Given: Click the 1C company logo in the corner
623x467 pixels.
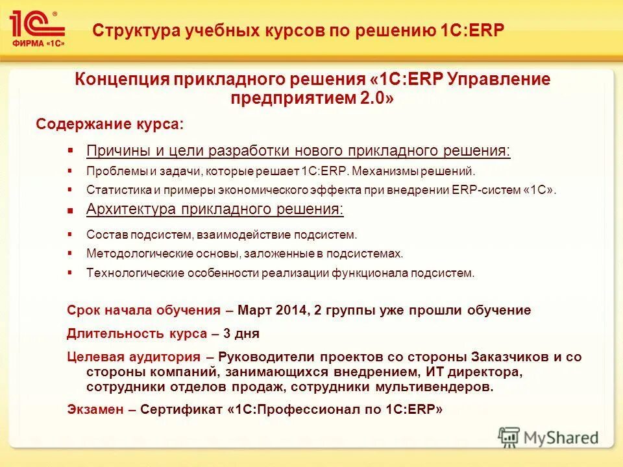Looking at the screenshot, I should click(37, 29).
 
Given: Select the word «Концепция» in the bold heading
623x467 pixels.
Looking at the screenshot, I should click(121, 80).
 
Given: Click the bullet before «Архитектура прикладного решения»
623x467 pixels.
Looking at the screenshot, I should click(71, 210).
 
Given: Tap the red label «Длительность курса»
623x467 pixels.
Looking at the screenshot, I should click(136, 334).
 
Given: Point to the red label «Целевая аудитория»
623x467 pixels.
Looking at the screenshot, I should click(133, 357).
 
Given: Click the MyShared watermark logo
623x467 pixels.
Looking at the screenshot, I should click(548, 437).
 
